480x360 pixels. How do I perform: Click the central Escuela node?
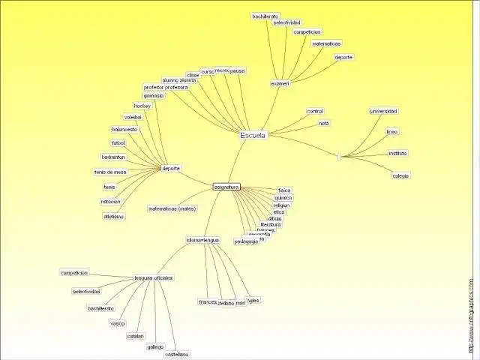[253, 135]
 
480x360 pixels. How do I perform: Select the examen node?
[280, 83]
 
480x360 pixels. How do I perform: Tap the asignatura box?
[226, 186]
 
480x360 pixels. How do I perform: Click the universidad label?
[384, 111]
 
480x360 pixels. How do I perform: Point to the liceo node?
[392, 131]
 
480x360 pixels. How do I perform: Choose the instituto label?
[397, 153]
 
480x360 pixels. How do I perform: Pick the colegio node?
[400, 175]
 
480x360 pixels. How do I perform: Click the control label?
[315, 111]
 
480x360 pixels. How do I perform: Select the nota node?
[323, 123]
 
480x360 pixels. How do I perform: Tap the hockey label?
[142, 106]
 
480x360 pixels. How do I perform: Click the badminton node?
[113, 157]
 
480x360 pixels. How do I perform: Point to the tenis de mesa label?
[110, 172]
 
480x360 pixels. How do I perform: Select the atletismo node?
[113, 216]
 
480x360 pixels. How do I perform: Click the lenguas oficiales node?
[154, 277]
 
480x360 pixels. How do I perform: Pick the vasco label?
[117, 323]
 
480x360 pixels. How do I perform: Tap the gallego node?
[155, 346]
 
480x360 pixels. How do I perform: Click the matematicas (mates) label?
[172, 208]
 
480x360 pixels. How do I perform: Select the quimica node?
[283, 198]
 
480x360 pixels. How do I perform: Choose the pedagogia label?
[246, 241]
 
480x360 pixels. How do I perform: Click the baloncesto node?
[124, 129]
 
